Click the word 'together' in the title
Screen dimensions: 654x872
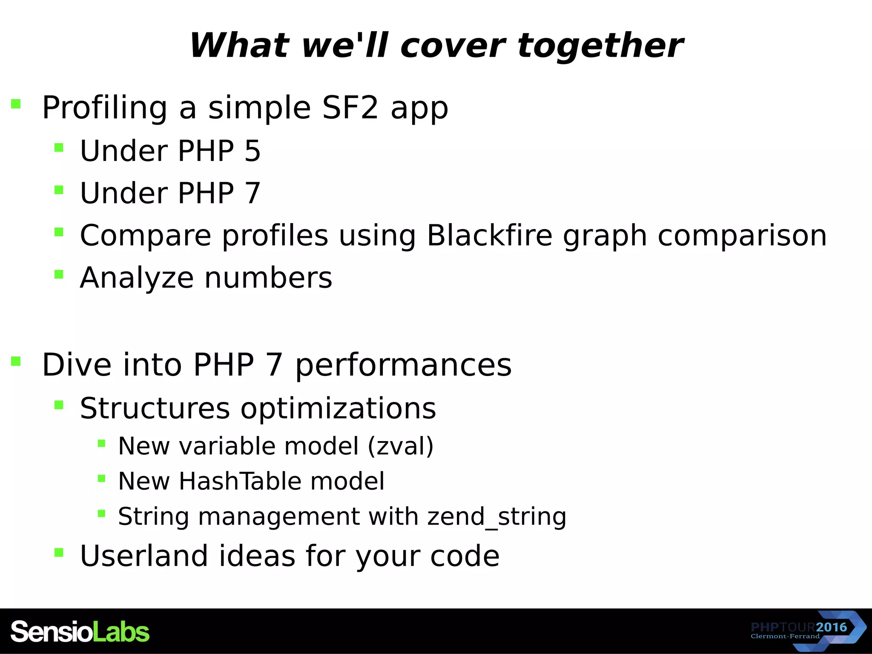600,46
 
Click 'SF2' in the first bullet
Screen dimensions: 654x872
350,107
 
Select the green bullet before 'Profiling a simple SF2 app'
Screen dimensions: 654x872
16,104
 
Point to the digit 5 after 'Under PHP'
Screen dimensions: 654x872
252,151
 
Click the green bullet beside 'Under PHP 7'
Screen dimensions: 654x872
59,190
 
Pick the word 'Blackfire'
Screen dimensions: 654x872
490,235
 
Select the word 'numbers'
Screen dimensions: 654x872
268,278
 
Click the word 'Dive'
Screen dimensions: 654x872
77,365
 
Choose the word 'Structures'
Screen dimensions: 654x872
155,408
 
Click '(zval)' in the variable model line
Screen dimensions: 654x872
400,446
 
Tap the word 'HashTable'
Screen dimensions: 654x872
239,481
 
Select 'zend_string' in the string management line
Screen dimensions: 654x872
497,516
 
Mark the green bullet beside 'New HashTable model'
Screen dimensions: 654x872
101,479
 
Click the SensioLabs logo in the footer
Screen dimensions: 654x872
80,631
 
